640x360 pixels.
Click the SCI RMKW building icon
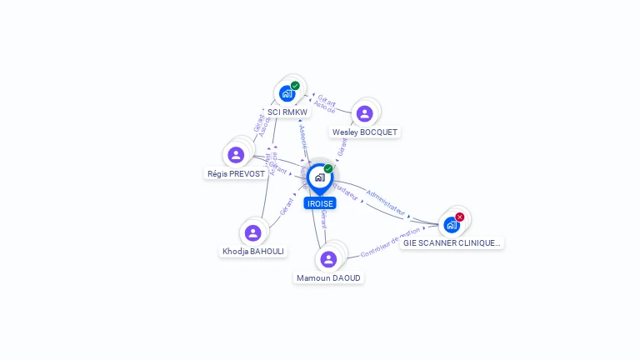287,93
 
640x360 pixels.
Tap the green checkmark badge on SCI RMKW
295,86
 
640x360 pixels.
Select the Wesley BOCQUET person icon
364,113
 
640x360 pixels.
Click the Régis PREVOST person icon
236,155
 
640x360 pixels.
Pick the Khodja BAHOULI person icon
253,232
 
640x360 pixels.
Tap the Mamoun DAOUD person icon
328,259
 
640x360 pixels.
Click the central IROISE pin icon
319,177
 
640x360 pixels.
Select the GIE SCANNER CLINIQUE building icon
452,224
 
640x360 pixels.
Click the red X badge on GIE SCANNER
460,217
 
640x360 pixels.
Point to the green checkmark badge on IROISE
328,169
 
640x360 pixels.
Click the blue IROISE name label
320,203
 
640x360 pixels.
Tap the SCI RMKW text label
287,112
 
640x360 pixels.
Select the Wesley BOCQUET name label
365,132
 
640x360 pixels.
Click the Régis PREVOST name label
235,174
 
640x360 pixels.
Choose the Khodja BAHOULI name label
253,251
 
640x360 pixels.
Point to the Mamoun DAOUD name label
329,277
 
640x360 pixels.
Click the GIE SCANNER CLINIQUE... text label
452,243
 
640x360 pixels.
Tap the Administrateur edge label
385,202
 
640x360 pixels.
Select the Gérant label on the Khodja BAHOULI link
287,207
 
